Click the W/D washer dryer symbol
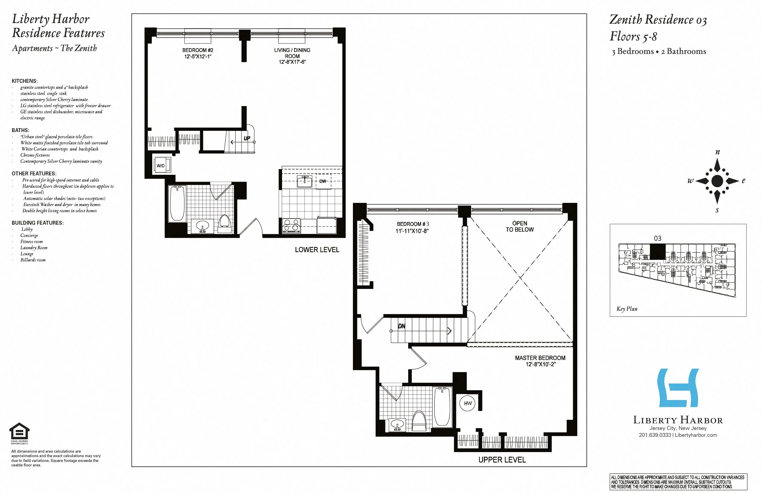click(162, 165)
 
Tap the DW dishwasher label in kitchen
click(323, 181)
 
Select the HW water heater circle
click(468, 403)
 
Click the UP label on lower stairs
click(247, 138)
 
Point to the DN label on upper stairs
click(402, 326)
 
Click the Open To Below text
click(520, 226)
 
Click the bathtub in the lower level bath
click(177, 203)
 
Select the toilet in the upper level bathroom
click(419, 422)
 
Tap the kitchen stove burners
click(291, 225)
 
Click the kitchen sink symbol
click(305, 182)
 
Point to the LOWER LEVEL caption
click(317, 250)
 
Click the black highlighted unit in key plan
click(658, 252)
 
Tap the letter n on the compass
click(717, 152)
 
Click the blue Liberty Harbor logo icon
click(678, 388)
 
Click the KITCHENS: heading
click(25, 81)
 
